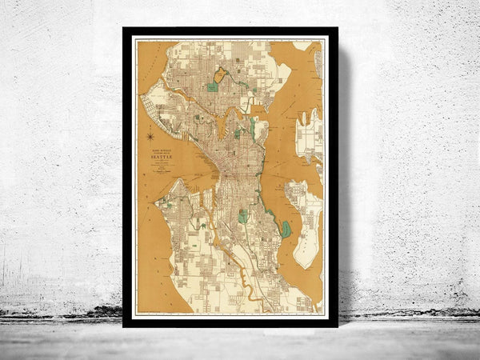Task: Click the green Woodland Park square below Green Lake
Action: tap(212, 86)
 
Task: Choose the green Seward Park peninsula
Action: tap(286, 230)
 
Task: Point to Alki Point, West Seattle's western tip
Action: tap(157, 202)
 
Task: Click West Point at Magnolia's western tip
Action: tap(144, 101)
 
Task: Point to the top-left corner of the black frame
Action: tap(124, 29)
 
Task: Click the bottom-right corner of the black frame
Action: tap(337, 326)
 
